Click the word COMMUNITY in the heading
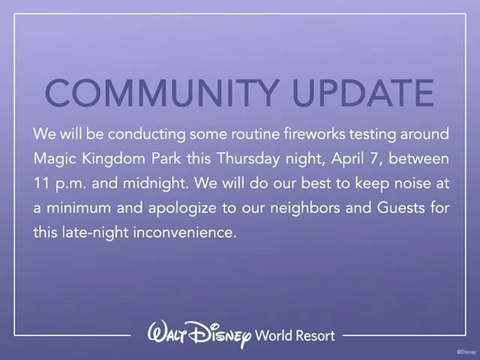coord(163,93)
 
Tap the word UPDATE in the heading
coord(363,93)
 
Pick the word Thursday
coord(248,159)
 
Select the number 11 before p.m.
coord(42,183)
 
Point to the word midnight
coord(154,184)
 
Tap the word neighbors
coord(305,208)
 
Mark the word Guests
coord(400,208)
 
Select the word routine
coord(255,134)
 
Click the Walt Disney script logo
coord(199,334)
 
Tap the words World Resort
coord(295,335)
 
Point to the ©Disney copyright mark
coord(466,352)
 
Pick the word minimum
coord(79,208)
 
